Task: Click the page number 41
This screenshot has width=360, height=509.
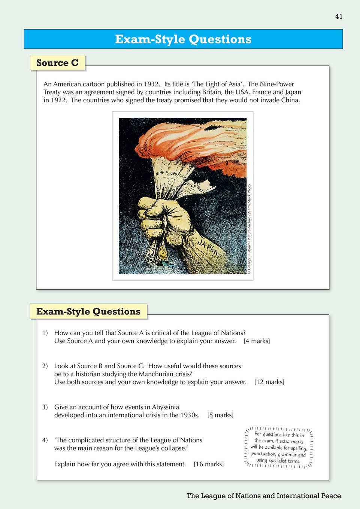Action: [x=339, y=16]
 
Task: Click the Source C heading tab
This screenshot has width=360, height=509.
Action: [x=58, y=63]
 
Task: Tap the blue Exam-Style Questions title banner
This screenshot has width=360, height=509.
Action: [x=183, y=39]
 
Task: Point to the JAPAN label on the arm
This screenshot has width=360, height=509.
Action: [x=208, y=247]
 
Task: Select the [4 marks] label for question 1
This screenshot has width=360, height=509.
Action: [x=257, y=341]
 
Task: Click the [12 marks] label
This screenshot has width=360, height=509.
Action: [x=269, y=382]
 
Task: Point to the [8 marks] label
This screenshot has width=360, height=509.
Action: [x=220, y=415]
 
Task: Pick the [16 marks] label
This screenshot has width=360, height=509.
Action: [x=209, y=464]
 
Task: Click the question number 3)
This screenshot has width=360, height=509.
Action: [x=45, y=407]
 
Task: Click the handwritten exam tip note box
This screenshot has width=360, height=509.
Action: [x=279, y=447]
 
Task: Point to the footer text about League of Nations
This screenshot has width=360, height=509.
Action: [x=264, y=496]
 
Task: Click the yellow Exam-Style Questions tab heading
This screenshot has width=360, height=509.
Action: [x=88, y=311]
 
